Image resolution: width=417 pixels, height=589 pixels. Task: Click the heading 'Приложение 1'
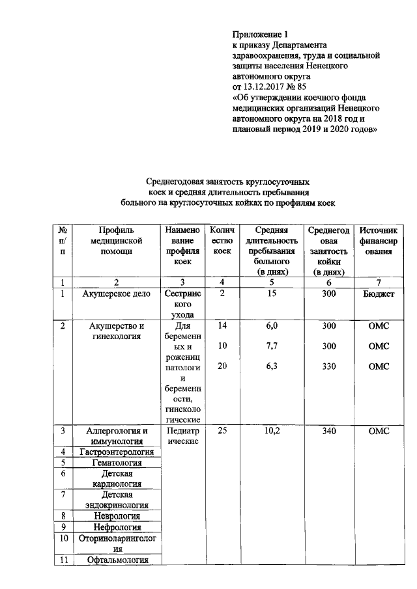[260, 34]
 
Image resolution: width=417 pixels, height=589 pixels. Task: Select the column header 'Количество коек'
[222, 241]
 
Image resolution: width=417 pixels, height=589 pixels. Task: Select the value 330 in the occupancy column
[329, 366]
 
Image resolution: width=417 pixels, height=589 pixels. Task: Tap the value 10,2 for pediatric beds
[272, 431]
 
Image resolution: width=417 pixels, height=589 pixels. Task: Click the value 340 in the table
[329, 431]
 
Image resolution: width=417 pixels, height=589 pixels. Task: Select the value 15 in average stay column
[272, 294]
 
